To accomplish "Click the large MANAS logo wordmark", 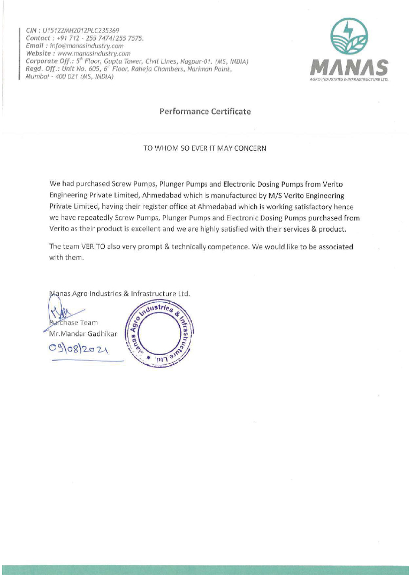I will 348,68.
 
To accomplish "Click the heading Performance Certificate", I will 205,112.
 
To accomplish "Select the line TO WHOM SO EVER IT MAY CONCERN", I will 204,148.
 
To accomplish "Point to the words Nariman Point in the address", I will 212,69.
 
